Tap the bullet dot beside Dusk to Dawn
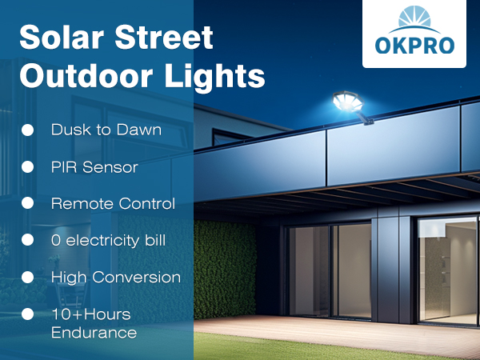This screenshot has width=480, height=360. (27, 130)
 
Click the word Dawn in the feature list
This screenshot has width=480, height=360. (141, 130)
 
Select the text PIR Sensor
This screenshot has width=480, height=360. (94, 167)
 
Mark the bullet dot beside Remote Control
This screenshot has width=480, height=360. (27, 203)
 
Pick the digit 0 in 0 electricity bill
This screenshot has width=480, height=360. (56, 240)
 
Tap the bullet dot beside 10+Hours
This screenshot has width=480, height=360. (27, 314)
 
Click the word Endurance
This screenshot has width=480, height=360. (94, 332)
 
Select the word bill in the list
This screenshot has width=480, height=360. (154, 240)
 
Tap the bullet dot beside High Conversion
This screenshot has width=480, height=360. (27, 277)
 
